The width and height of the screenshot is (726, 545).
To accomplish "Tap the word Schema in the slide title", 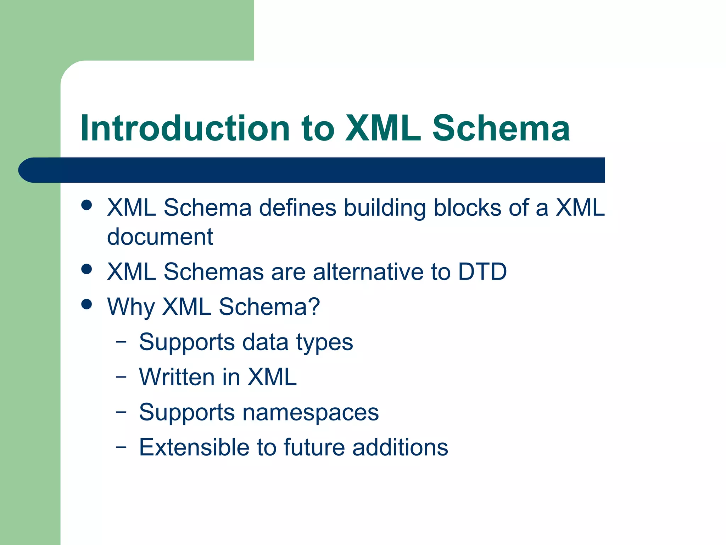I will pos(501,128).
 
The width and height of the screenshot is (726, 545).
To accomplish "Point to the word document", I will pos(160,237).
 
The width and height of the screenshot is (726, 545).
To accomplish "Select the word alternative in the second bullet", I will pos(368,272).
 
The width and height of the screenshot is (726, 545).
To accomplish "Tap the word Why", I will pos(130,307).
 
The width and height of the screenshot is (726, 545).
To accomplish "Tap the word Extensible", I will pos(194,447).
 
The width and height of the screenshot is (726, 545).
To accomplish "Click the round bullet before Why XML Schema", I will pos(86,304).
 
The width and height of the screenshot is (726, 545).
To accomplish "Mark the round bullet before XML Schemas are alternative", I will pos(86,269).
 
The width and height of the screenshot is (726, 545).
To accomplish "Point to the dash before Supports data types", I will pos(121,342).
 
